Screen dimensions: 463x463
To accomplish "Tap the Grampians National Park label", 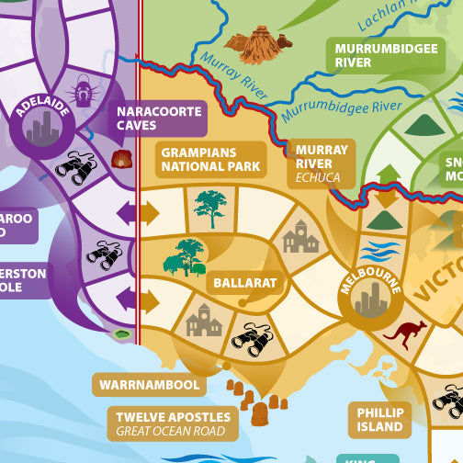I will pos(210,159).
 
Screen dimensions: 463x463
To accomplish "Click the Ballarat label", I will pos(244,283).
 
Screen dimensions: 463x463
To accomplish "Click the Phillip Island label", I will pos(380,420).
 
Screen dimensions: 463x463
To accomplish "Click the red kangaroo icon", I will pos(404,333).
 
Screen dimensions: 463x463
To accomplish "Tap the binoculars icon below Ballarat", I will pos(250,339).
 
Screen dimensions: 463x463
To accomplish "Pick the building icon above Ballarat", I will pos(299,238).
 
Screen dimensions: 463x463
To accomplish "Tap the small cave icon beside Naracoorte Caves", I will pos(120,159).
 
